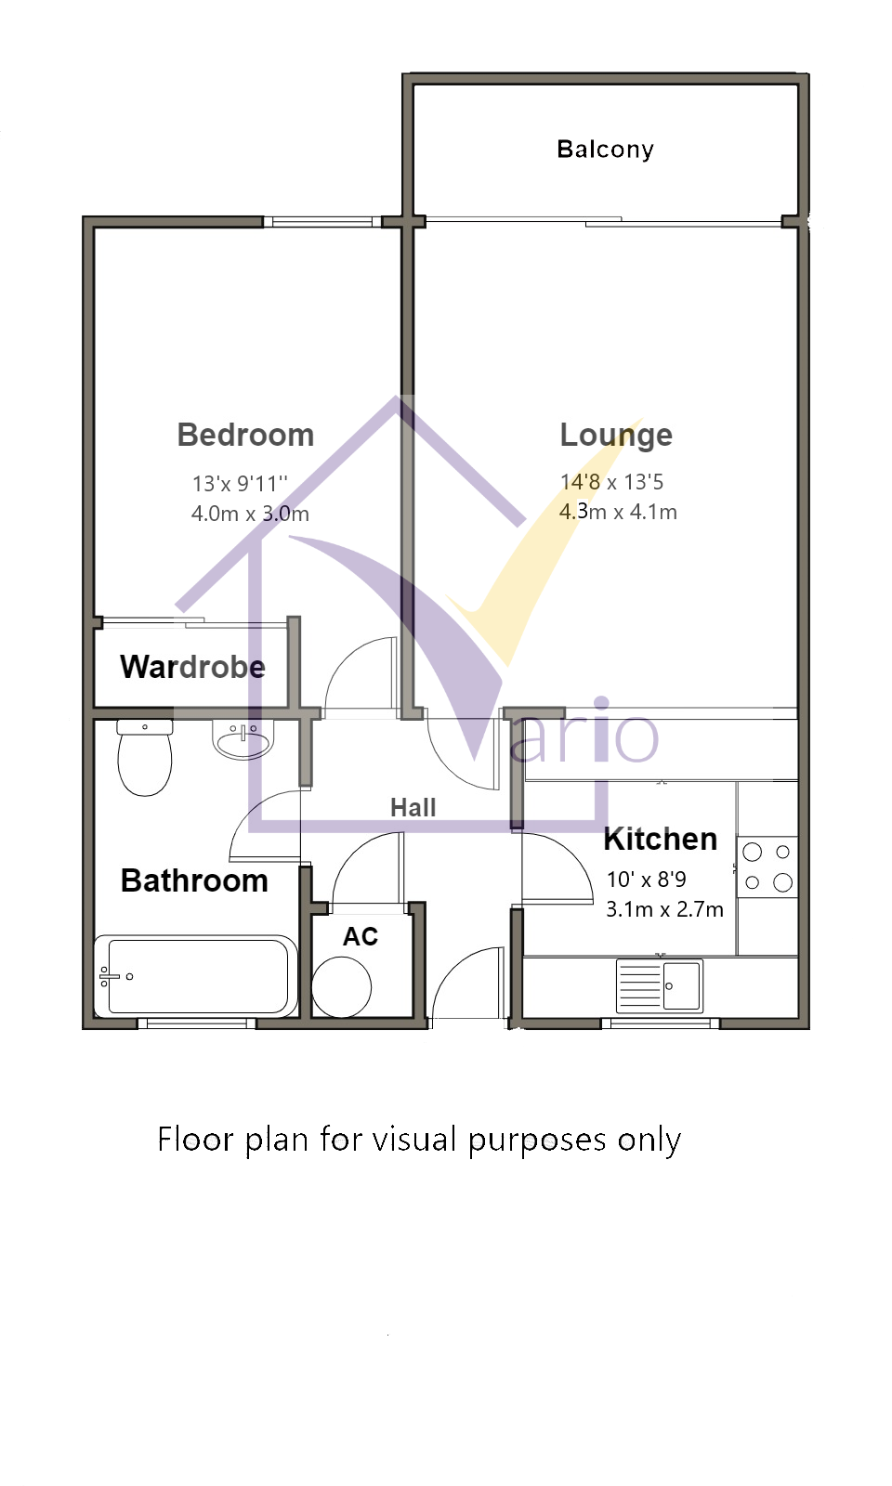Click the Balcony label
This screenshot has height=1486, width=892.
(x=605, y=150)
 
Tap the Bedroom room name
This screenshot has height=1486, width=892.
(x=245, y=436)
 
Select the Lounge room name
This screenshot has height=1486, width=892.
(x=616, y=436)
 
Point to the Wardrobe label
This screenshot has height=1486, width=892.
(x=192, y=667)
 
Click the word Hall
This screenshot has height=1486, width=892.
(x=413, y=808)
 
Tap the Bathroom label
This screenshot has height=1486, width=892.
(x=194, y=881)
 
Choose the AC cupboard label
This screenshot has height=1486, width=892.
(x=361, y=937)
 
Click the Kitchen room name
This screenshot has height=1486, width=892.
(x=661, y=840)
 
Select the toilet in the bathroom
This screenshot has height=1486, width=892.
(x=145, y=758)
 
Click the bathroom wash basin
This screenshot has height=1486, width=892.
(x=243, y=739)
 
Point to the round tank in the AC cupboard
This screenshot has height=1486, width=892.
(x=342, y=987)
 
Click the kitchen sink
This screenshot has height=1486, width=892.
(x=659, y=985)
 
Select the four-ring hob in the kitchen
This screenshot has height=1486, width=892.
(x=767, y=867)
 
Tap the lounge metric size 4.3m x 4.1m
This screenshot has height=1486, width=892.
(x=618, y=512)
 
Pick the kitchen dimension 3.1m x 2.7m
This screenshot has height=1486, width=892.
(x=664, y=909)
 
